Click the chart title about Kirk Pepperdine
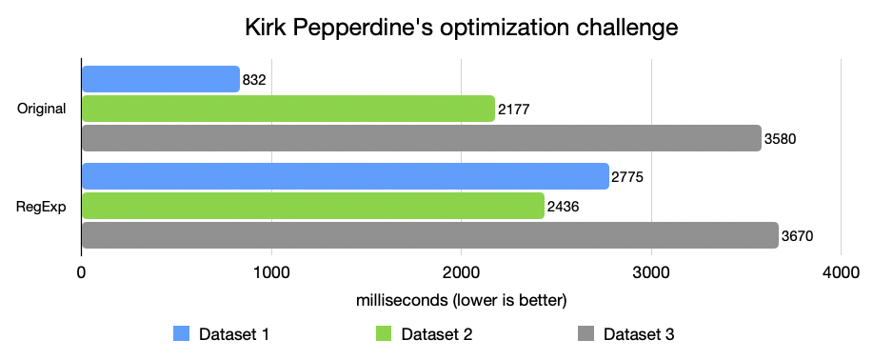tap(461, 28)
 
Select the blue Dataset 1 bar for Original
tap(160, 79)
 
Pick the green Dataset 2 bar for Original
tap(288, 109)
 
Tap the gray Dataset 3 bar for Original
tap(421, 138)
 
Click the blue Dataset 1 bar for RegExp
tap(345, 176)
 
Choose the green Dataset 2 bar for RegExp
tap(312, 206)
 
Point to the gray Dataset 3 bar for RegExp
tap(429, 235)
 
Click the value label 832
tap(254, 80)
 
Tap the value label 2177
tap(513, 110)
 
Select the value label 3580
tap(780, 139)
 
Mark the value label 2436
tap(563, 207)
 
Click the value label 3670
tap(797, 236)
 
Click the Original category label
tap(42, 109)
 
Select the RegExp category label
tap(43, 206)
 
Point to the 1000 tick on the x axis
tap(272, 272)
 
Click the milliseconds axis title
tap(462, 301)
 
